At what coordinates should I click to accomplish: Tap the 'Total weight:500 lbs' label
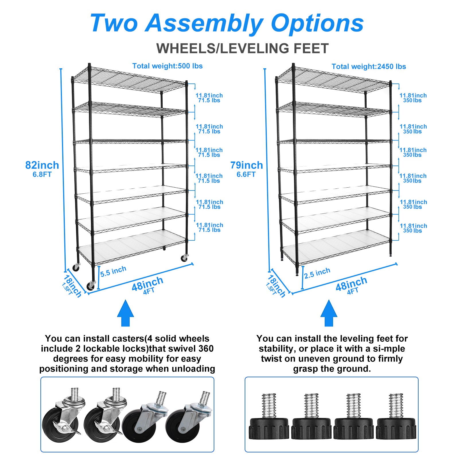pos(167,66)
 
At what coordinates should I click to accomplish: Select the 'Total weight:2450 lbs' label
pos(369,67)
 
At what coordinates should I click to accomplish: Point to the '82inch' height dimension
pos(42,165)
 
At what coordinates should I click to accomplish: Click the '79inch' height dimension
pos(246,165)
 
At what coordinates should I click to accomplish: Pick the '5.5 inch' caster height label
pos(113,271)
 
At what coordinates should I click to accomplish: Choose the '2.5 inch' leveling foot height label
pos(317,273)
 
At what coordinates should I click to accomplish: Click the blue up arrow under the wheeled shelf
pos(125,313)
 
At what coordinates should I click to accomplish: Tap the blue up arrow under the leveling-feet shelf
pos(329,313)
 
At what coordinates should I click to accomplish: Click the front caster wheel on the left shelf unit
pos(91,285)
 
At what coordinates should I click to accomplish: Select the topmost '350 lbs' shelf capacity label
pos(412,100)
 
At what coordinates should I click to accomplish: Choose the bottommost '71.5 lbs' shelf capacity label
pos(209,230)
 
